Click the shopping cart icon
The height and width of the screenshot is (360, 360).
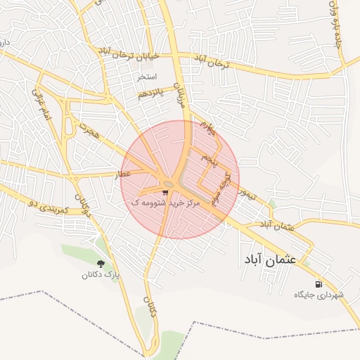[165, 192]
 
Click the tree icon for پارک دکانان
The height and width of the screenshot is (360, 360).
[100, 265]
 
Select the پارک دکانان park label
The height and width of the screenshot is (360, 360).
[100, 276]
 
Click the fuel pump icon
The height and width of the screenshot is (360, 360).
[320, 285]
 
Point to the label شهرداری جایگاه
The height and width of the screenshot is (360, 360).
[320, 295]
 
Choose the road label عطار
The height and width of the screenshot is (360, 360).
[123, 173]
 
